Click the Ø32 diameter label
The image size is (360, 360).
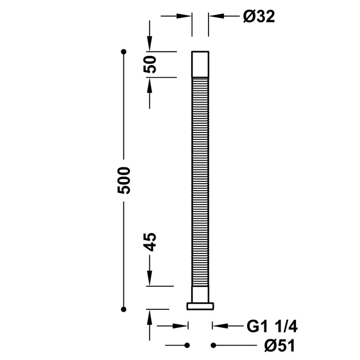point(259,17)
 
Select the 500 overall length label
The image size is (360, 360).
point(124,180)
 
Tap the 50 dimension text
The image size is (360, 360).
point(150,65)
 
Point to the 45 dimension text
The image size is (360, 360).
point(150,242)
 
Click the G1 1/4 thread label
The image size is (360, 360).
point(272,326)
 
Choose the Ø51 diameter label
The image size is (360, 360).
point(279,345)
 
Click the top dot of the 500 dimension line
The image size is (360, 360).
point(124,52)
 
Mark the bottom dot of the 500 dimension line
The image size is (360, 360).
point(123,309)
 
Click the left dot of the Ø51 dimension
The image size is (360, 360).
point(187,345)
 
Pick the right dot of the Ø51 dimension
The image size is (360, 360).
point(213,345)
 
